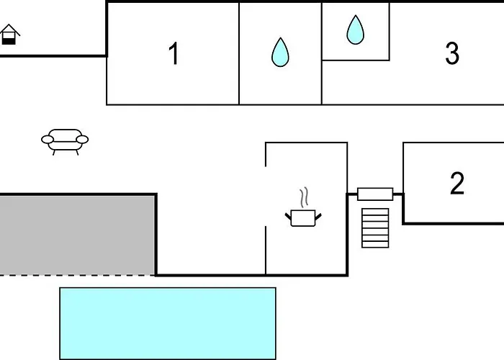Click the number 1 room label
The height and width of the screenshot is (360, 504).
173,54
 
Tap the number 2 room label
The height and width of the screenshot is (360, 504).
457,184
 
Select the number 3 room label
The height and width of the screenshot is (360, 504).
452,53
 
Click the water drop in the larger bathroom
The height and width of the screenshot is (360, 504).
280,53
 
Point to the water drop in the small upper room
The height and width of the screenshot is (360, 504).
356,30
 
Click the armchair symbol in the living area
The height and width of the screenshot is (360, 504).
65,140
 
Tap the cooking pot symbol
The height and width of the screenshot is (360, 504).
302,217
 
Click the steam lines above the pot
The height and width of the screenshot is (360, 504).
304,197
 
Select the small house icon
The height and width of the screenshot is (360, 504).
9,35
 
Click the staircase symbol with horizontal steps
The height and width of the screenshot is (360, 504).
375,228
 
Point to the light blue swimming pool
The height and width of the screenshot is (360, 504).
168,323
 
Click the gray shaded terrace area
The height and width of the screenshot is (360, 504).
77,235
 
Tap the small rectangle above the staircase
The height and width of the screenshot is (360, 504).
375,194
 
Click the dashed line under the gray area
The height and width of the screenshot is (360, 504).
77,275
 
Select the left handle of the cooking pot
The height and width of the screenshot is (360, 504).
289,214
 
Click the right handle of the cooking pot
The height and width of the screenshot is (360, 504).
317,214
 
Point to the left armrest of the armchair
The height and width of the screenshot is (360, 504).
47,139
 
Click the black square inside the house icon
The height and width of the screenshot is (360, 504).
9,40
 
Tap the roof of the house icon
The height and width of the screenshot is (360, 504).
9,30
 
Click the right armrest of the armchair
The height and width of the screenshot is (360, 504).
83,139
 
